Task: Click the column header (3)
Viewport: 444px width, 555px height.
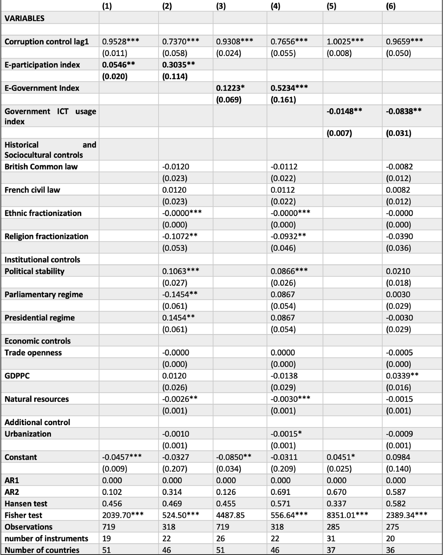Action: (221, 6)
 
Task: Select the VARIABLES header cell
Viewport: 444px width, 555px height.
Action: (24, 18)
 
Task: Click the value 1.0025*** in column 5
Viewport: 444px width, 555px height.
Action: (345, 41)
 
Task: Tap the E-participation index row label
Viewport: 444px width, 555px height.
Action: (42, 65)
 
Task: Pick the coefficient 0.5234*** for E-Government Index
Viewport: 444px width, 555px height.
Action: (289, 88)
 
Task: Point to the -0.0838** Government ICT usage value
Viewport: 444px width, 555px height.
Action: (404, 111)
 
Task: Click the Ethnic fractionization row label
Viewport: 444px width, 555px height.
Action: (43, 213)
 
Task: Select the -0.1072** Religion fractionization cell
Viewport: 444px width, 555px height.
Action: (180, 236)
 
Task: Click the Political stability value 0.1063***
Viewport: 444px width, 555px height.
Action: (180, 271)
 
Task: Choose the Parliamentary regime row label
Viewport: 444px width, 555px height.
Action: (43, 294)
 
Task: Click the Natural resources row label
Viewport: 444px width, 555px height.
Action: (36, 399)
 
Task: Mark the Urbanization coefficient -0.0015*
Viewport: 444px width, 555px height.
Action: (286, 434)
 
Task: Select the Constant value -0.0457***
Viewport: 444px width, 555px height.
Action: (121, 457)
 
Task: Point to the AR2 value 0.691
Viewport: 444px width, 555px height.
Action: (280, 492)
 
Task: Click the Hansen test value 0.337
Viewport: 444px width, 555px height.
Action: (336, 503)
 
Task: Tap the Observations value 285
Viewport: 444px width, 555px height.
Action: (333, 527)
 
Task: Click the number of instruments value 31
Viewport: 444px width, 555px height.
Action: (331, 538)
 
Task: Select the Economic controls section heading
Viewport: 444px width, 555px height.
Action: (37, 341)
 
